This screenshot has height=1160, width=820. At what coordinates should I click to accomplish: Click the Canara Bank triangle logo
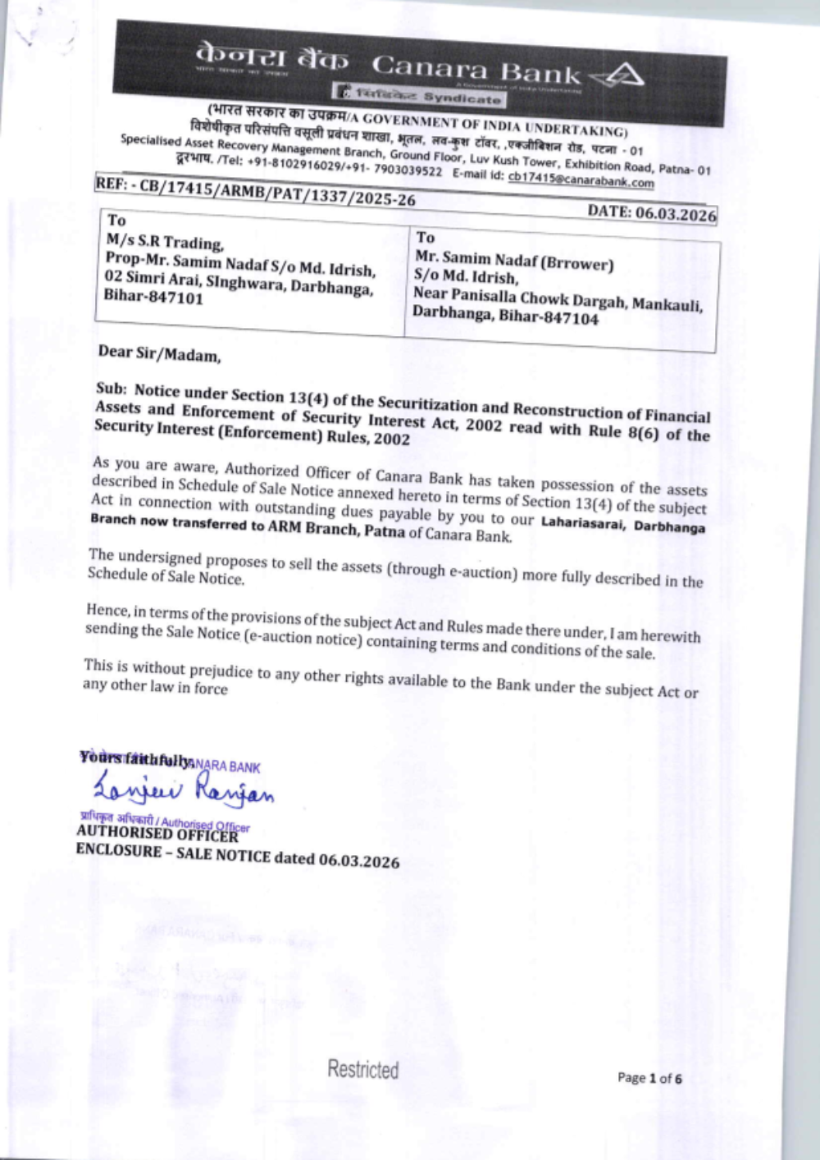point(620,77)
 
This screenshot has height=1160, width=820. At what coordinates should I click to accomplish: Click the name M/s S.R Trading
point(164,242)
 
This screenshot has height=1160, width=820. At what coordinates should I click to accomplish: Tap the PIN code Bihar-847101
point(153,298)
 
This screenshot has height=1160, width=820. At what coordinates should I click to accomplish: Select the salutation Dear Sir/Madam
point(159,354)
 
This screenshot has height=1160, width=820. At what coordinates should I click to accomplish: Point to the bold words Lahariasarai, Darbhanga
point(622,525)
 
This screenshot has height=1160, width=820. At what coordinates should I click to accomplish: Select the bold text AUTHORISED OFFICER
point(157,834)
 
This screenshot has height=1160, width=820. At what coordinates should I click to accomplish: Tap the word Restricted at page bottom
point(362,1069)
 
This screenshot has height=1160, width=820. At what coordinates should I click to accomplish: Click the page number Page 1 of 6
point(649,1078)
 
